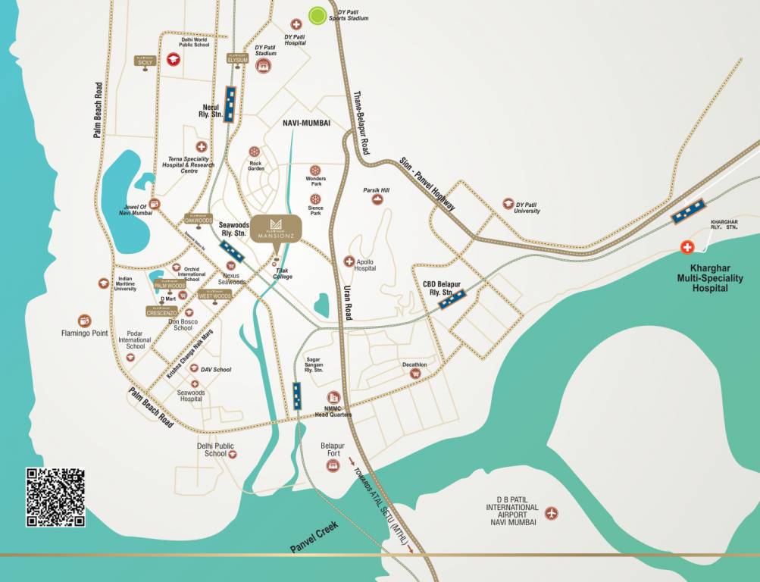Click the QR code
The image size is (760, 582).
pyautogui.click(x=55, y=497)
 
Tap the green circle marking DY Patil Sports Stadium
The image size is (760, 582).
pyautogui.click(x=317, y=14)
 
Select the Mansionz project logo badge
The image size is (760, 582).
pyautogui.click(x=277, y=228)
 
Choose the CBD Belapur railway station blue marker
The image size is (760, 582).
pyautogui.click(x=452, y=298)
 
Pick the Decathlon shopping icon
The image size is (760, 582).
pyautogui.click(x=415, y=373)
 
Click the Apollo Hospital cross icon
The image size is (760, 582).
pyautogui.click(x=349, y=261)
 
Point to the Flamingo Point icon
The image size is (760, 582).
pyautogui.click(x=85, y=321)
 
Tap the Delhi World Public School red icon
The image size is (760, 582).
pyautogui.click(x=173, y=59)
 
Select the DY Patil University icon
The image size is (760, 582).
pyautogui.click(x=508, y=203)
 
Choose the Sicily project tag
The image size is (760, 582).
pyautogui.click(x=145, y=61)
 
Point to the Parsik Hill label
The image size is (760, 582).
pyautogui.click(x=376, y=190)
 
